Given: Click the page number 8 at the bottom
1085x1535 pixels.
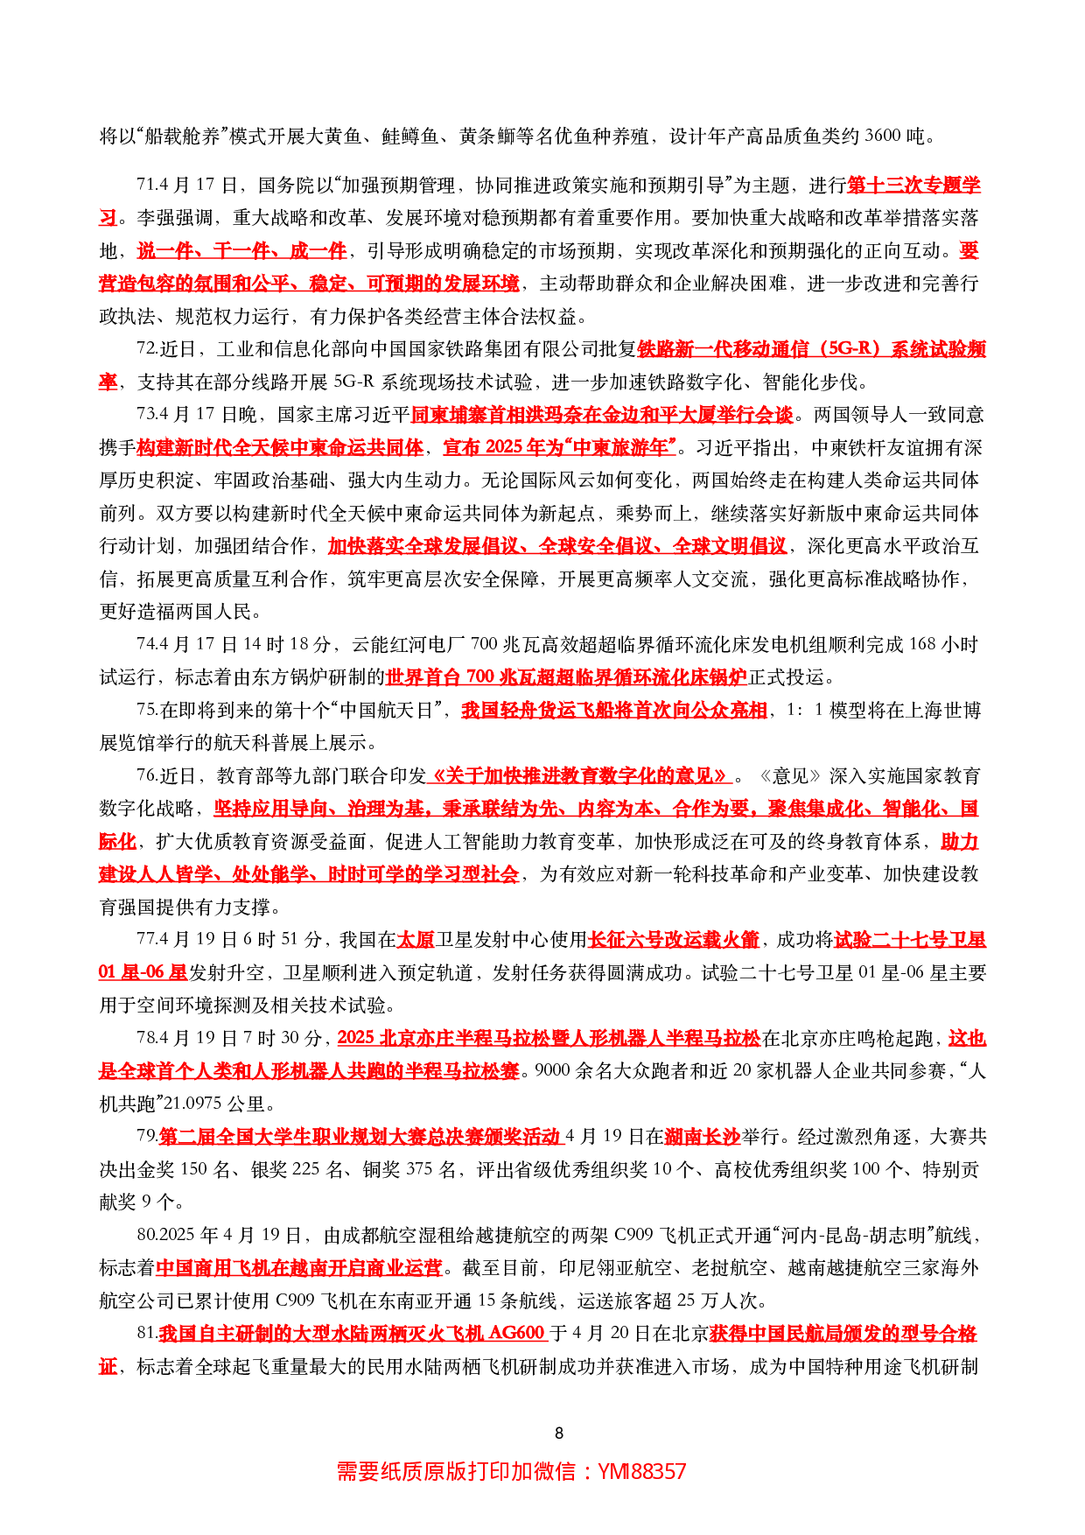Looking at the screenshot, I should pos(559,1433).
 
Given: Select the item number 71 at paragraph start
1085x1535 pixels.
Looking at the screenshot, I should pos(146,186).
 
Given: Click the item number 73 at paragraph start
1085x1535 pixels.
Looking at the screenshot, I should pos(146,415).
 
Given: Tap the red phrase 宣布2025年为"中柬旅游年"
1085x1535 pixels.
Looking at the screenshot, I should pos(560,447).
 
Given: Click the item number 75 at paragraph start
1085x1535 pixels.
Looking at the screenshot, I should pos(146,711).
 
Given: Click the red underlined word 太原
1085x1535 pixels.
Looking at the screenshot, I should pos(415,940).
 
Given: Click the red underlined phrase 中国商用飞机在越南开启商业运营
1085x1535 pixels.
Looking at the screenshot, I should pos(298,1268).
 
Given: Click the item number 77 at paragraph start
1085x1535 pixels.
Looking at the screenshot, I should pos(146,940).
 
